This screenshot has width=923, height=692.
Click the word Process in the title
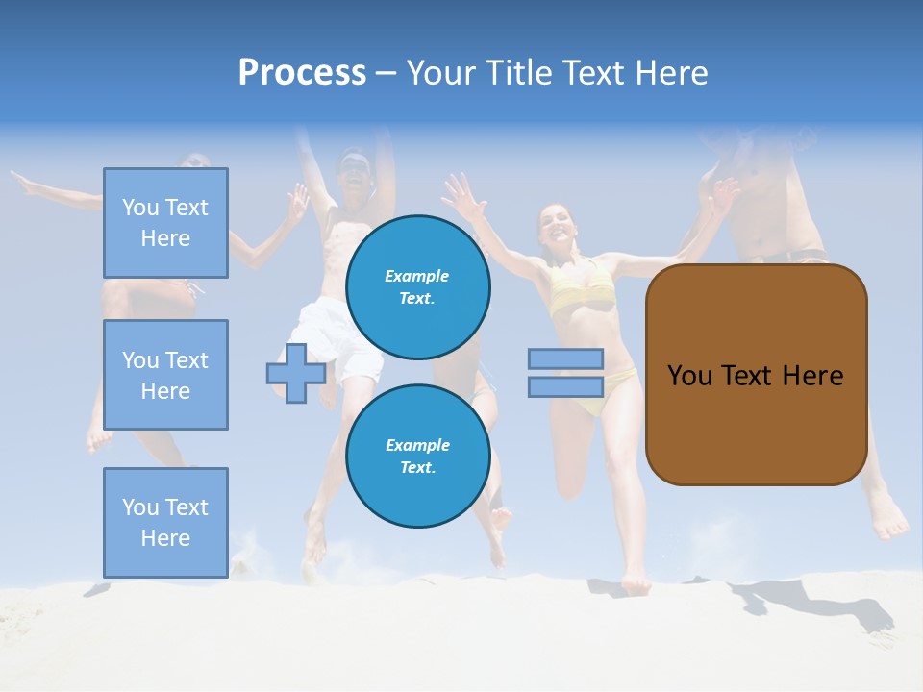coord(302,73)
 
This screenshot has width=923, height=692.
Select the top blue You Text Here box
coord(165,223)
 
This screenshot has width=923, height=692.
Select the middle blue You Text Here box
coord(165,375)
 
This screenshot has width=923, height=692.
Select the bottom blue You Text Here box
coord(165,522)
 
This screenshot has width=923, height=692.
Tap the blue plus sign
coord(296,373)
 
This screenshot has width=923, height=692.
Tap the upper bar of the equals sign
coord(565,358)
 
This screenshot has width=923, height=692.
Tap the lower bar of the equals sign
coord(565,387)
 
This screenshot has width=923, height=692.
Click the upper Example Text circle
coord(418,287)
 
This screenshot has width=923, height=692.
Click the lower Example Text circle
coord(418,457)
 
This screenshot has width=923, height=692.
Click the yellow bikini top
coord(580,287)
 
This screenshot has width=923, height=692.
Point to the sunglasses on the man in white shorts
coord(354,163)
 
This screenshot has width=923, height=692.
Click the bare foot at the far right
coord(890,524)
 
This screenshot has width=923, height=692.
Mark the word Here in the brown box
coord(812,376)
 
